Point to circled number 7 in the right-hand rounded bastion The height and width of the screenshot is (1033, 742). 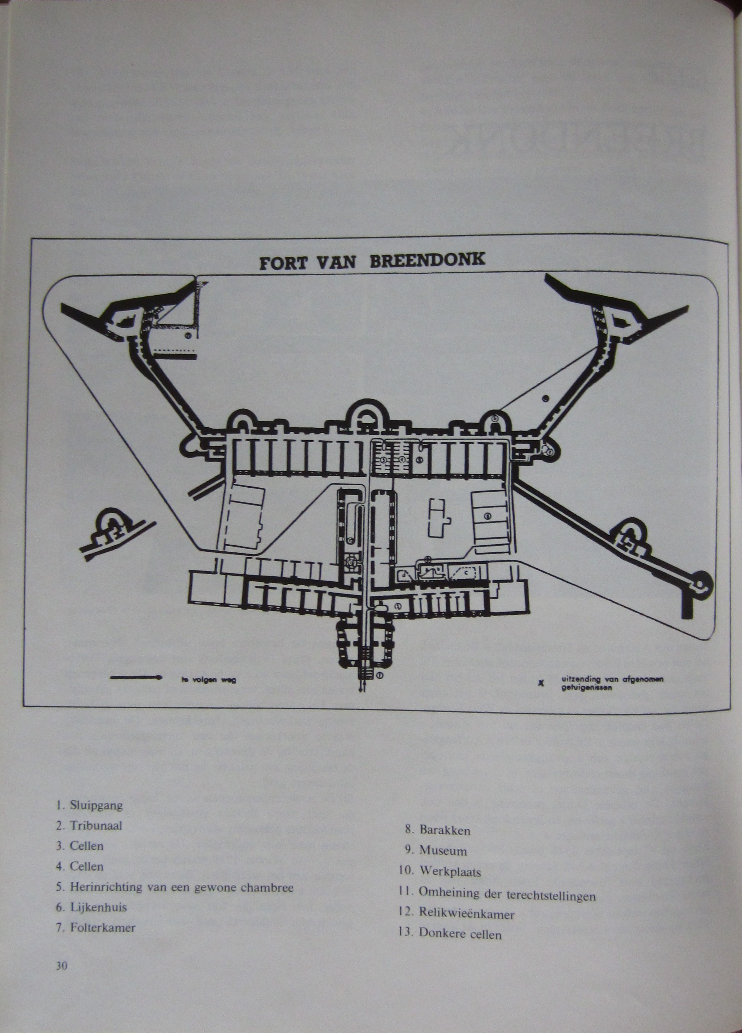click(x=550, y=452)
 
